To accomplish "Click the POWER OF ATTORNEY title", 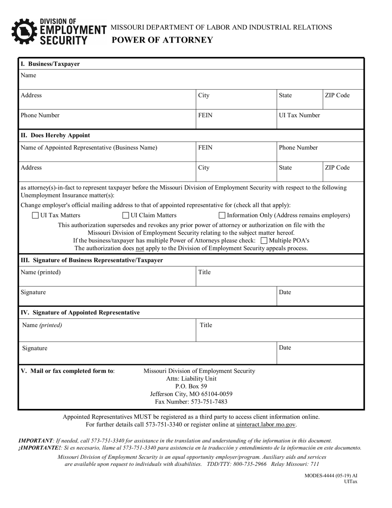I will [x=162, y=40].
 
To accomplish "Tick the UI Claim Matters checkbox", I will [x=126, y=215].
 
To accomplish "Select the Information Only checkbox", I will [x=222, y=215].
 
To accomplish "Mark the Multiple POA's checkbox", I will [x=264, y=240].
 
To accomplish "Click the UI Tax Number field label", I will [x=299, y=116].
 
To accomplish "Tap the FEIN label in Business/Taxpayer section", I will [x=205, y=116].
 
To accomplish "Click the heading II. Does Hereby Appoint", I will [x=55, y=135].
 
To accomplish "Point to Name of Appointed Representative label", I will [x=89, y=148].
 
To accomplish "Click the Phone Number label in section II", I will [x=298, y=148].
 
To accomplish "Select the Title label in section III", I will [x=205, y=273].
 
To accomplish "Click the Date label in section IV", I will [x=285, y=348].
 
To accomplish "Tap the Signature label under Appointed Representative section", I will [x=35, y=348].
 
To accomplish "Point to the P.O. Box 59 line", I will [x=191, y=386].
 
